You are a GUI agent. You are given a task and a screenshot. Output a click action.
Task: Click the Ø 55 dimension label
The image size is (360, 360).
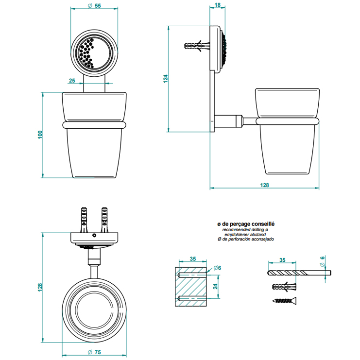(95, 6)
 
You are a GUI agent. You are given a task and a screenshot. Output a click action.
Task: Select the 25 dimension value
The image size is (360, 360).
(71, 80)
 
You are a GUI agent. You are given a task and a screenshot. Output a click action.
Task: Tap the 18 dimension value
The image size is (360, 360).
(217, 5)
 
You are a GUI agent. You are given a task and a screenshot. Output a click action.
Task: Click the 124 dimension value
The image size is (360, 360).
(165, 79)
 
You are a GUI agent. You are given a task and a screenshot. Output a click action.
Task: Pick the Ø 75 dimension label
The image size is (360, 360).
(95, 352)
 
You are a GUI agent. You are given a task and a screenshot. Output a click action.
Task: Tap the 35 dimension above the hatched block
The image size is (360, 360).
(192, 259)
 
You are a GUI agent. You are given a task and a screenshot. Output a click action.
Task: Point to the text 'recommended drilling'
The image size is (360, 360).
(242, 229)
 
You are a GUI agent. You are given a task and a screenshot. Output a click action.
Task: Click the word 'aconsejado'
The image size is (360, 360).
(263, 240)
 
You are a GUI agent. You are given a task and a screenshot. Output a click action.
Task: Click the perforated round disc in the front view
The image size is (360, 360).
(95, 51)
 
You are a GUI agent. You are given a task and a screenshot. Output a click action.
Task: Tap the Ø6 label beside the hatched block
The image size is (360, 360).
(217, 268)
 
